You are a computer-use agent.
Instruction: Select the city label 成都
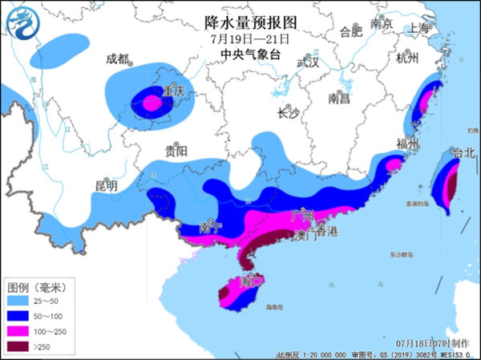(117, 59)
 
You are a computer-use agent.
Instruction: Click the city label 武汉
(308, 63)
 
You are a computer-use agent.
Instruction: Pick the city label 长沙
(287, 113)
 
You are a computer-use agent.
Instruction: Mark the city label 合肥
(351, 32)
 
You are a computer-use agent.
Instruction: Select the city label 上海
(418, 27)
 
